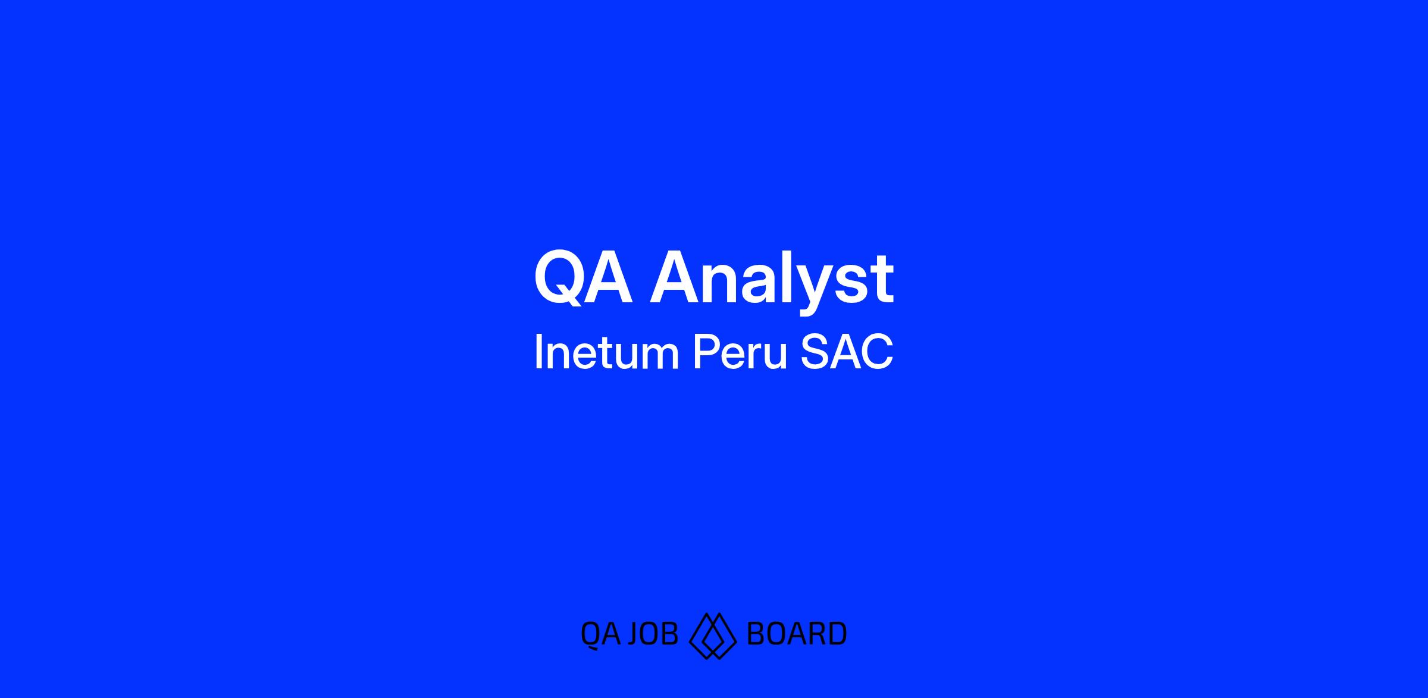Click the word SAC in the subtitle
pyautogui.click(x=847, y=352)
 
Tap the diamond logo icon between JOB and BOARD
pyautogui.click(x=712, y=636)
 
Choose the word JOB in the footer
pyautogui.click(x=653, y=634)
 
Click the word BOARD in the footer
pyautogui.click(x=796, y=634)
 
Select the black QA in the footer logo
pyautogui.click(x=601, y=635)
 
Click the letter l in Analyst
pyautogui.click(x=790, y=278)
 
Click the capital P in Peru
pyautogui.click(x=706, y=352)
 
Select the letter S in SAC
pyautogui.click(x=815, y=352)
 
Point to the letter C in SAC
pyautogui.click(x=878, y=352)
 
